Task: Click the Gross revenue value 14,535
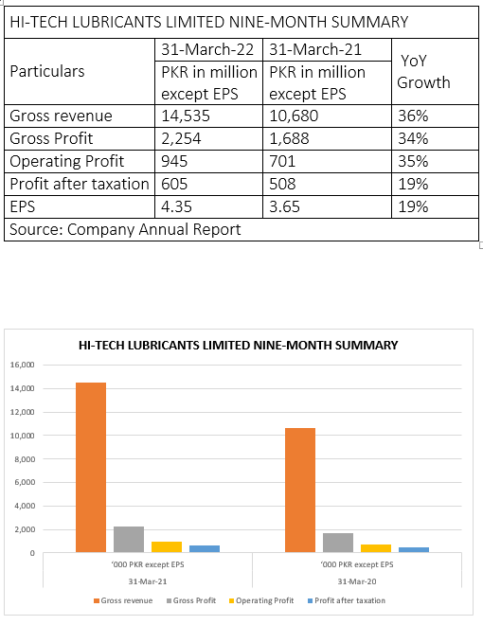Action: [x=186, y=116]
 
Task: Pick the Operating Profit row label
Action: [x=67, y=161]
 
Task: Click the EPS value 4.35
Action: [x=176, y=206]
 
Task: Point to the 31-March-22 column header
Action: [x=207, y=50]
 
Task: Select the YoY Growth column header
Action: [x=423, y=72]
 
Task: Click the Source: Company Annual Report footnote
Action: [x=125, y=229]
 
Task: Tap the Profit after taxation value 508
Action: [x=282, y=184]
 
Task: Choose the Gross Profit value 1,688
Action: [x=289, y=138]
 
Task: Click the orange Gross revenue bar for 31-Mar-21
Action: [x=91, y=467]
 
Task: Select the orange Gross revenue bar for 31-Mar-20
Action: [x=300, y=491]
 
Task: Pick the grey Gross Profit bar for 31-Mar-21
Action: [x=129, y=540]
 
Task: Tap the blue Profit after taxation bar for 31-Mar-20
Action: [x=414, y=549]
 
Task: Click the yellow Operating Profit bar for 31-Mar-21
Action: [x=167, y=547]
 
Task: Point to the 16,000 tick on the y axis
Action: [x=23, y=365]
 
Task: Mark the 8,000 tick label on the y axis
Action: [x=24, y=459]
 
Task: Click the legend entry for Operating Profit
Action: [x=261, y=600]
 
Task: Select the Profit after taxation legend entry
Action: [x=347, y=600]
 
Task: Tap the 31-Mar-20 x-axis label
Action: [x=357, y=581]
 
